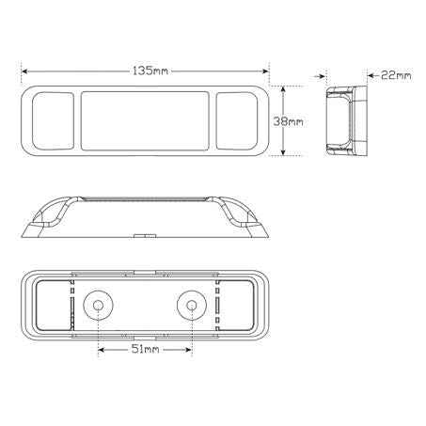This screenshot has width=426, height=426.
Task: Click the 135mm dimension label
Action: [150, 71]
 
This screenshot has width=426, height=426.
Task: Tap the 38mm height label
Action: [289, 121]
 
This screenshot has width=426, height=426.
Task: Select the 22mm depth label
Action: [396, 75]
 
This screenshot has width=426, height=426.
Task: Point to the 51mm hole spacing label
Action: [146, 349]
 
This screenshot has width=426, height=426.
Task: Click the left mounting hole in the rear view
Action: [98, 305]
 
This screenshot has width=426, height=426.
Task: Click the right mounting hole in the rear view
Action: [192, 305]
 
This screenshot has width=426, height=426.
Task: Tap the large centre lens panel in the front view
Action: [145, 121]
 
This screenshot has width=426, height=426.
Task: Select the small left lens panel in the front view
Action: [53, 121]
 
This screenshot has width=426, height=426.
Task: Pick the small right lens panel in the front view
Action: [237, 121]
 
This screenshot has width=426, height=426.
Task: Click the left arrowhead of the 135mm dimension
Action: [24, 71]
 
